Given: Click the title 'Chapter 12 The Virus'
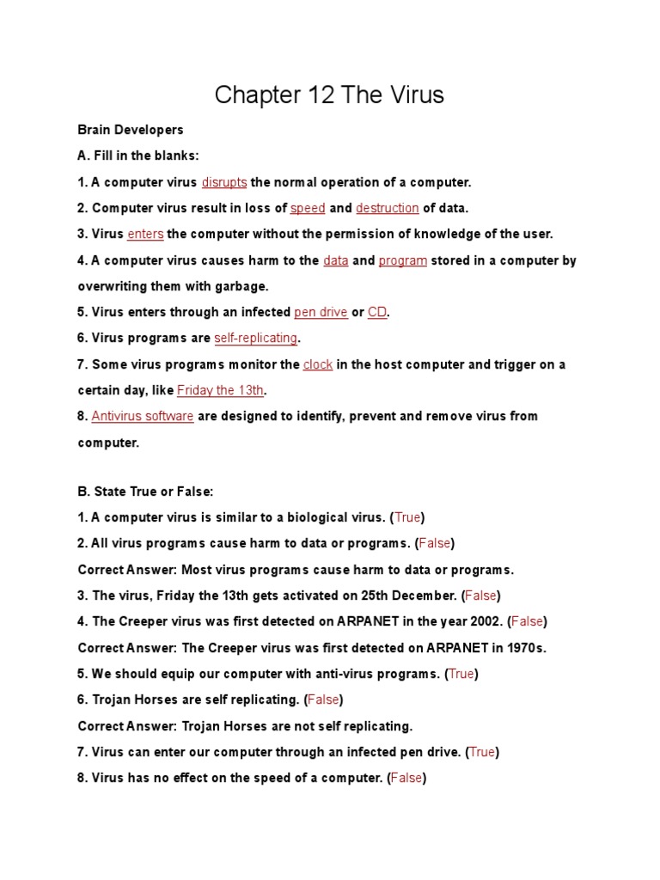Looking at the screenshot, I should coord(329,95).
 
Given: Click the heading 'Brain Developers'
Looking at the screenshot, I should coord(131,130).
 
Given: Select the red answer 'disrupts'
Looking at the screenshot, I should coord(224,182).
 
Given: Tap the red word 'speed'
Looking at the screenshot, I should coord(308,208).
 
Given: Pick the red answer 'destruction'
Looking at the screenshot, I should coord(388,208).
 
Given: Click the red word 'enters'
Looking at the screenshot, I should coord(145,234).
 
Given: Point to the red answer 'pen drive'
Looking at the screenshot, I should coord(321,312).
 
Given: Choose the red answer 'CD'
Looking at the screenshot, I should coord(377,312).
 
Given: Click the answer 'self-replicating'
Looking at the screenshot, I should coord(256,338).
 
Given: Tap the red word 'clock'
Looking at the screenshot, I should coord(318,364).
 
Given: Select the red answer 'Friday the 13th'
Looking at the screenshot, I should coord(221,390).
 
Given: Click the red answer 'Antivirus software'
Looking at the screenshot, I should coord(143,416).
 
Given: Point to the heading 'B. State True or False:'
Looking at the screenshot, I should coord(145,492).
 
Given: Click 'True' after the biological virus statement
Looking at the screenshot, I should coord(407,517).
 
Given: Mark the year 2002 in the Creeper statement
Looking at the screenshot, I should coord(487,621).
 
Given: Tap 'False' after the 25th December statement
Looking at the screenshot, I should coord(481,596).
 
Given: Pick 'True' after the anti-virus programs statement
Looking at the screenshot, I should coord(461,674).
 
